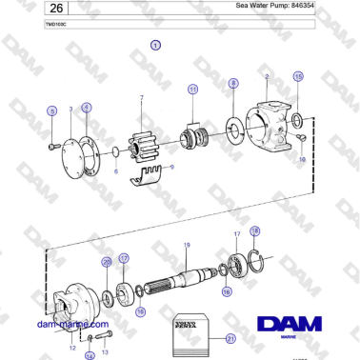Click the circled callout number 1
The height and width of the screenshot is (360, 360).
155,45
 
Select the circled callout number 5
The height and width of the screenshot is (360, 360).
51,111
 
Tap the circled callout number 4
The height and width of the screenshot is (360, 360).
87,108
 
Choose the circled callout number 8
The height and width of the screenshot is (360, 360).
233,85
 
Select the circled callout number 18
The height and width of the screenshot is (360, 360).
254,231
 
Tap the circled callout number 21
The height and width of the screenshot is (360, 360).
229,337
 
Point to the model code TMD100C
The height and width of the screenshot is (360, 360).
56,24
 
